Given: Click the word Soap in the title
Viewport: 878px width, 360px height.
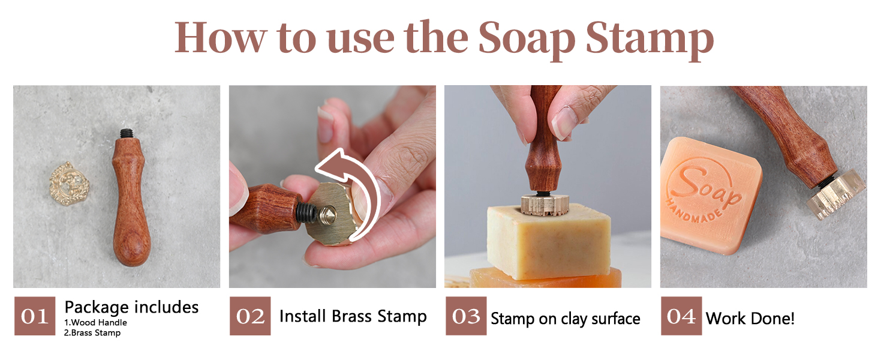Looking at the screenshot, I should (x=526, y=38).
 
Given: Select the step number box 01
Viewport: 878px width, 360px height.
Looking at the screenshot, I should (x=35, y=316).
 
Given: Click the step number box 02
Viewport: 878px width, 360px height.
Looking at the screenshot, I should (x=250, y=316).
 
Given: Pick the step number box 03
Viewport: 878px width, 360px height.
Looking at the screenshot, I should (x=466, y=316).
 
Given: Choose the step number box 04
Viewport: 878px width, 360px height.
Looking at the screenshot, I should (x=681, y=316).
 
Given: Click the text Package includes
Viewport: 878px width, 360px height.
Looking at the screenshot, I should (x=131, y=308).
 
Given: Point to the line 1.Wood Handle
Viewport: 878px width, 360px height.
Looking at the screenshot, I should (x=95, y=323).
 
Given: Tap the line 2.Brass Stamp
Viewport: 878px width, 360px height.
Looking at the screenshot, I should (x=92, y=333).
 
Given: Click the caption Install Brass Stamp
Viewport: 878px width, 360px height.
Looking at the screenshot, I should (x=353, y=316).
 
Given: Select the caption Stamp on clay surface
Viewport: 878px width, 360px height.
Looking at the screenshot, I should (x=566, y=319).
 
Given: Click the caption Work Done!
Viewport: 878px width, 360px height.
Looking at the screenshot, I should (x=750, y=319).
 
